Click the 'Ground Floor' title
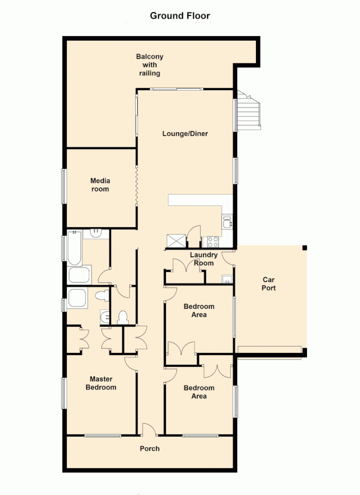(x=180, y=16)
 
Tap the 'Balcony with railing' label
(x=150, y=65)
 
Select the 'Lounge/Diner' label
(x=185, y=134)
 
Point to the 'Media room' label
(x=100, y=185)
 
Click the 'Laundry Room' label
(x=204, y=259)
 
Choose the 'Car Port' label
(x=269, y=284)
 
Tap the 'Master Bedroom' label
(x=101, y=383)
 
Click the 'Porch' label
(x=150, y=448)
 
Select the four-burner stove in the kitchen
(x=212, y=242)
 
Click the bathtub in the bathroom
(x=74, y=248)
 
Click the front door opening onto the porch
(x=149, y=430)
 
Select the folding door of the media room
(x=136, y=186)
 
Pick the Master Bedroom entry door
(x=131, y=364)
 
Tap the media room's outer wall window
(x=63, y=186)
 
